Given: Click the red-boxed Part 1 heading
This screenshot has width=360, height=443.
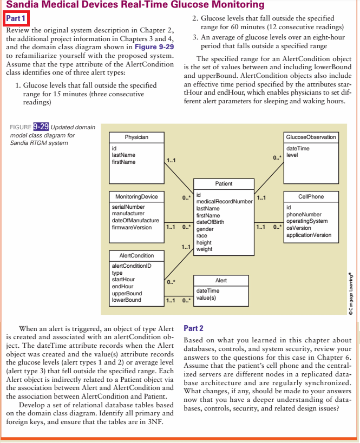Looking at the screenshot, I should (16, 18).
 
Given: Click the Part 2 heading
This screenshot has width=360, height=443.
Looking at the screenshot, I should (194, 328).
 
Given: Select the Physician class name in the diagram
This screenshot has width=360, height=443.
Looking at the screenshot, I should (136, 137).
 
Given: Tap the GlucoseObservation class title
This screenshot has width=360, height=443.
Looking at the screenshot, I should (311, 137).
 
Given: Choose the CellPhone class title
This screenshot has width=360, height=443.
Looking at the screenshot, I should (311, 196).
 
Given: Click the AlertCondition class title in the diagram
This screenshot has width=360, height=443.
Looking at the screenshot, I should (136, 255).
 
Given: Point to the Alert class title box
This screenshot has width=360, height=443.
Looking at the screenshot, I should (221, 281).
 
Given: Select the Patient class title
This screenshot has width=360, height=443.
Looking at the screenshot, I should (224, 184).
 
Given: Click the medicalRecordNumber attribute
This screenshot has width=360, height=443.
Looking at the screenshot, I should (224, 201).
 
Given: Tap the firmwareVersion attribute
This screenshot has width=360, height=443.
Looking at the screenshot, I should (132, 228).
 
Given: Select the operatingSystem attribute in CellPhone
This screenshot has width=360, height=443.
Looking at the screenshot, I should (307, 221).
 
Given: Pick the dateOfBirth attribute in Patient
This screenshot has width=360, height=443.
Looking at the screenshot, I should (210, 222).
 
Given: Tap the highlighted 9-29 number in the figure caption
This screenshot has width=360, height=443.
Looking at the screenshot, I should (41, 127).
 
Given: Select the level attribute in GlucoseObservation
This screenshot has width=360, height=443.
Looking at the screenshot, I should (292, 155).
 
